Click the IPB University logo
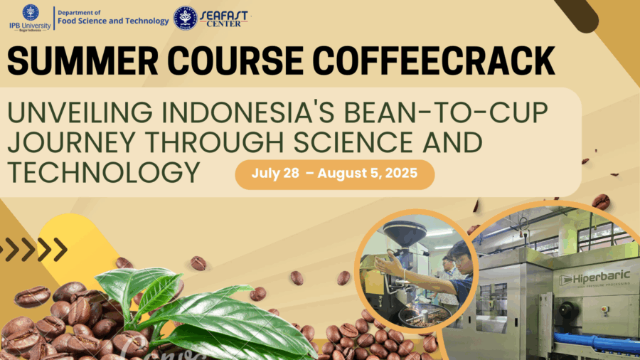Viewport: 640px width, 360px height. point(30,18)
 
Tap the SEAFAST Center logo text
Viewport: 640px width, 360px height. point(224,18)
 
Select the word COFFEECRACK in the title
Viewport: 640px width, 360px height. point(434,60)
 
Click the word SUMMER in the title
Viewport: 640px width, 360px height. point(82,60)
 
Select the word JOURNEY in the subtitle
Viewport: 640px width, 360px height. point(71,142)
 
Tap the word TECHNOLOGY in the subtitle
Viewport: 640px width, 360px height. point(104,172)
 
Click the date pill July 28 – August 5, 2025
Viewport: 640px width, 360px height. point(335,174)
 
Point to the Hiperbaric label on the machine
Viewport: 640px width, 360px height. point(594,279)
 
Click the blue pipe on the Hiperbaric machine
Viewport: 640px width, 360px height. point(597,342)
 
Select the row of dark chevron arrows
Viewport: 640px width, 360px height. point(33,249)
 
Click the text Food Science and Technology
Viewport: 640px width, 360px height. point(113,21)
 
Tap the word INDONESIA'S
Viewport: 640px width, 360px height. point(248,112)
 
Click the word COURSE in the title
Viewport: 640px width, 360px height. point(235,60)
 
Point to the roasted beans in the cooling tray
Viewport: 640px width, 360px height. point(425,316)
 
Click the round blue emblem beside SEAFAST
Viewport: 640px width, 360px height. point(186,18)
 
